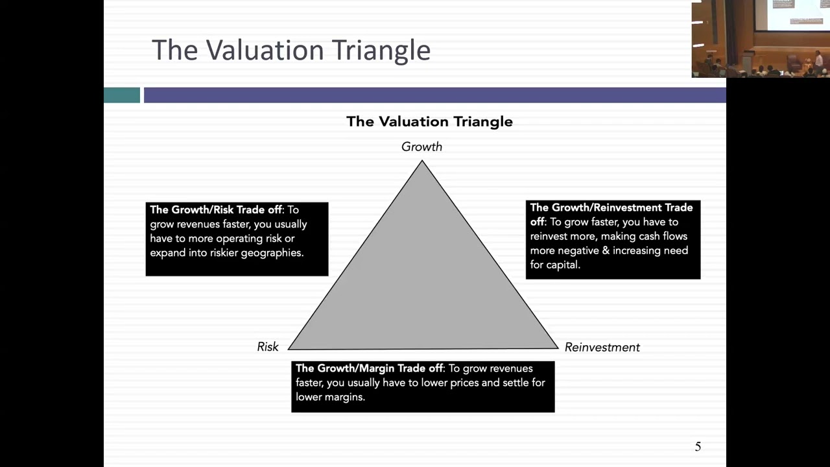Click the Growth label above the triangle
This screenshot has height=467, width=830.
click(421, 147)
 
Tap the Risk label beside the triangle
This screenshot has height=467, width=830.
click(268, 347)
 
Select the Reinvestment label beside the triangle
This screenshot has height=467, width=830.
click(602, 347)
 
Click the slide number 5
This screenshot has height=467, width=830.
click(698, 447)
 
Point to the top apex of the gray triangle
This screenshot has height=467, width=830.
click(421, 160)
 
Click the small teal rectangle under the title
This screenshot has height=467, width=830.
click(122, 95)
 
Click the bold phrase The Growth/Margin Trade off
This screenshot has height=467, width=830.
click(369, 368)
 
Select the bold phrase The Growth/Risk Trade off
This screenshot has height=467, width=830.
click(216, 210)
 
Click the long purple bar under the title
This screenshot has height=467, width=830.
click(435, 95)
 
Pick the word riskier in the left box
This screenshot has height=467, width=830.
click(224, 253)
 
